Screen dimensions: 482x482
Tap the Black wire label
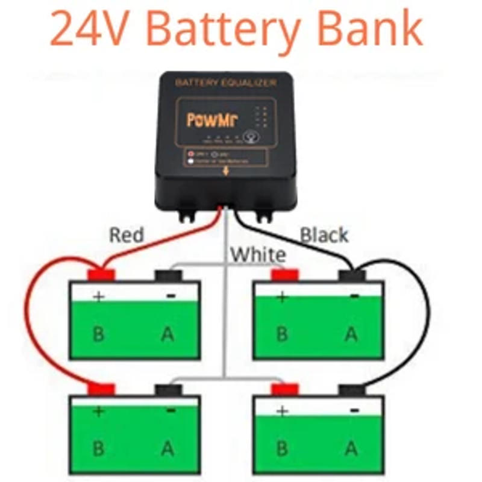(324, 234)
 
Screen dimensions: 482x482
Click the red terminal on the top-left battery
(101, 275)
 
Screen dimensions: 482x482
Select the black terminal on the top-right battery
(352, 276)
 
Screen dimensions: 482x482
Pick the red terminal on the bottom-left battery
(101, 389)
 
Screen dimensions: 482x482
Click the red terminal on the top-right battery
(284, 275)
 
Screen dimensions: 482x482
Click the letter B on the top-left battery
(98, 333)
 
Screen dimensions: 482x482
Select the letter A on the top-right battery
(351, 333)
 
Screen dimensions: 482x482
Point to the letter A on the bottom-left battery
(167, 448)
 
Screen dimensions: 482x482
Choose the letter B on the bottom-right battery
(281, 448)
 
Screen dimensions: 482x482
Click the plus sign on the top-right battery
(281, 296)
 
